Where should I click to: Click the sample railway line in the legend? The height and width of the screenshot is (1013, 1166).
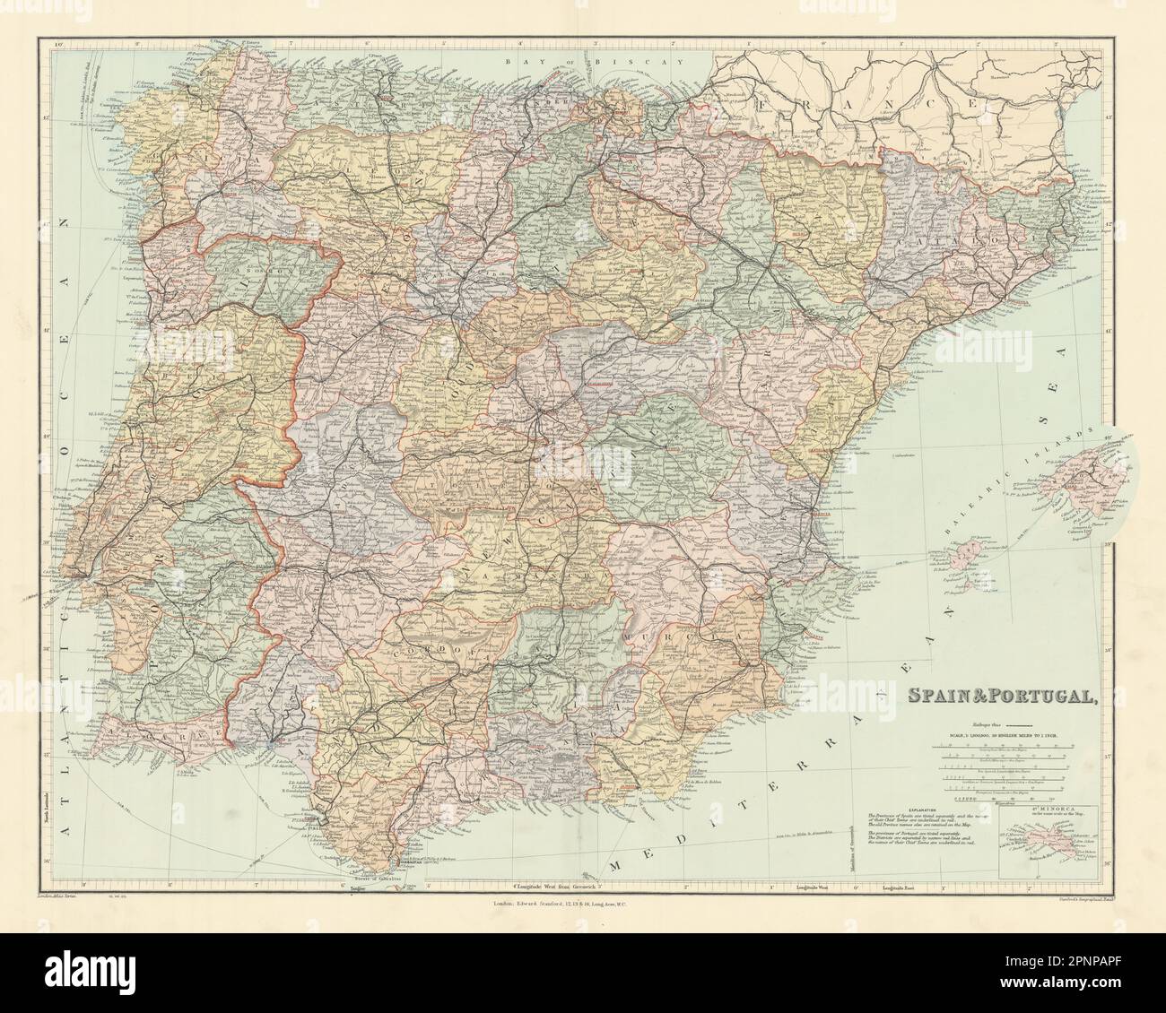[x=1010, y=721]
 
